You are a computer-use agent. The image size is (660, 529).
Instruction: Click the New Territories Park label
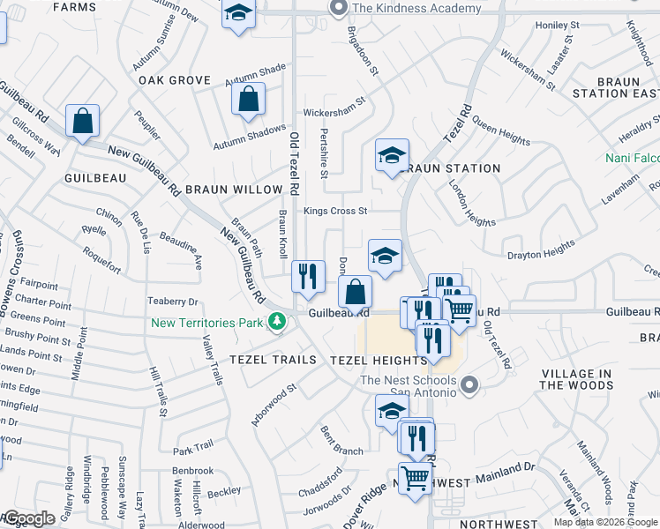206,323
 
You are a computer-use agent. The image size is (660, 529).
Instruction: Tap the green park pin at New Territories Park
277,322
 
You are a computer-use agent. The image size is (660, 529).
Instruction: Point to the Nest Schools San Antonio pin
469,384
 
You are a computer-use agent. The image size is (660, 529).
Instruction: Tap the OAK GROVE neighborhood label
175,80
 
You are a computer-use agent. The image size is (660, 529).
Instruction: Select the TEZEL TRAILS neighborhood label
273,360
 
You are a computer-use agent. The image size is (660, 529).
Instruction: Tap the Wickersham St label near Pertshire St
334,113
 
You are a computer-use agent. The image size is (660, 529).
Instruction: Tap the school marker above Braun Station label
392,157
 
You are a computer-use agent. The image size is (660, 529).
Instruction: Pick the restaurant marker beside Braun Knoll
308,277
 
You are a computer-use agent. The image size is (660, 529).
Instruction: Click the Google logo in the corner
30,518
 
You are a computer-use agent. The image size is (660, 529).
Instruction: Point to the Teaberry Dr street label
173,302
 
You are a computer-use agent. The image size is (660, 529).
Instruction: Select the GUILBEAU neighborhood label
95,177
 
